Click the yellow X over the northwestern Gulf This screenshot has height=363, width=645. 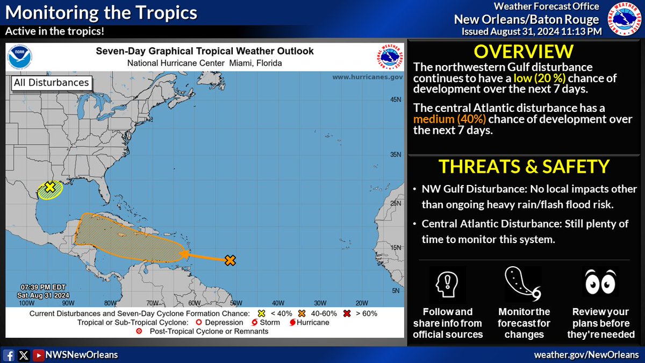pyautogui.click(x=49, y=187)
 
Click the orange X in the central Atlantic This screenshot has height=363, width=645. pyautogui.click(x=230, y=261)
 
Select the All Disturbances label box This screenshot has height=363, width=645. pyautogui.click(x=51, y=83)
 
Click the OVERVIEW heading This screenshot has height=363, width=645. pyautogui.click(x=524, y=52)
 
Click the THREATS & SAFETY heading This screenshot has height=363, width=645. pyautogui.click(x=524, y=166)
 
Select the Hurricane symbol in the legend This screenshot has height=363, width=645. pyautogui.click(x=293, y=323)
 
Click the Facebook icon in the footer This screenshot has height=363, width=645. pyautogui.click(x=9, y=355)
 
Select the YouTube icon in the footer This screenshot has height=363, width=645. pyautogui.click(x=38, y=355)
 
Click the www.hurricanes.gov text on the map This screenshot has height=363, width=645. pyautogui.click(x=367, y=77)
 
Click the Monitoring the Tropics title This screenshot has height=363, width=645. pyautogui.click(x=101, y=12)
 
